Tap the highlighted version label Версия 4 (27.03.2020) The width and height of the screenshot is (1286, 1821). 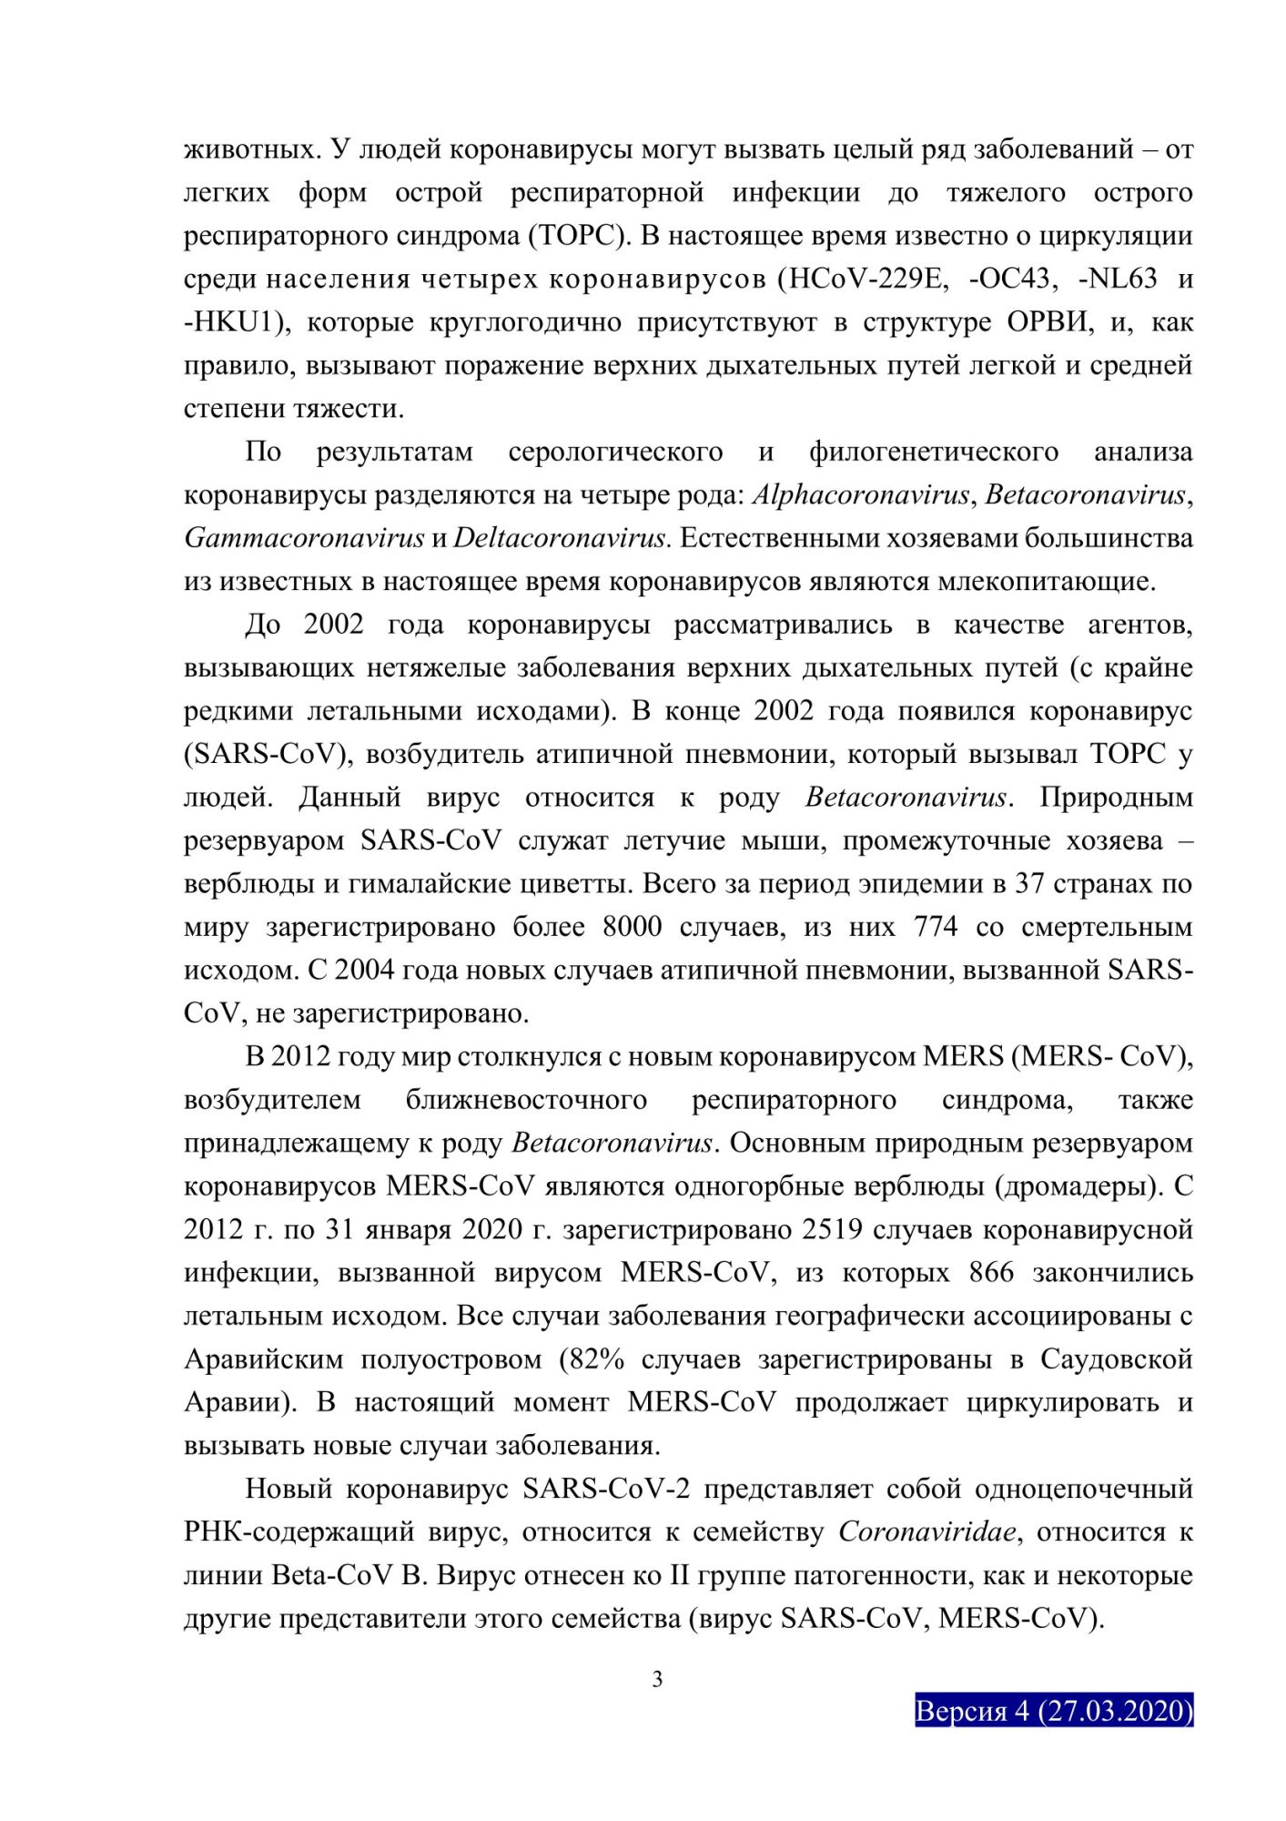coord(1053,1711)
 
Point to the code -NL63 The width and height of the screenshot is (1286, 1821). coord(1117,278)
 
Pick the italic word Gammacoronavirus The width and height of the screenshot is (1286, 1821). coord(304,538)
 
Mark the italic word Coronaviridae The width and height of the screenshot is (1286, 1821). coord(927,1532)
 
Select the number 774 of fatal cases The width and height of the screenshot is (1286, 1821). coord(931,927)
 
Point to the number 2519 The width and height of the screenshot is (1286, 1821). coord(833,1229)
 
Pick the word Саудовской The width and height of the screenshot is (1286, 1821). coord(1117,1359)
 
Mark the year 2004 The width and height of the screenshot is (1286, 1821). coord(365,970)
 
